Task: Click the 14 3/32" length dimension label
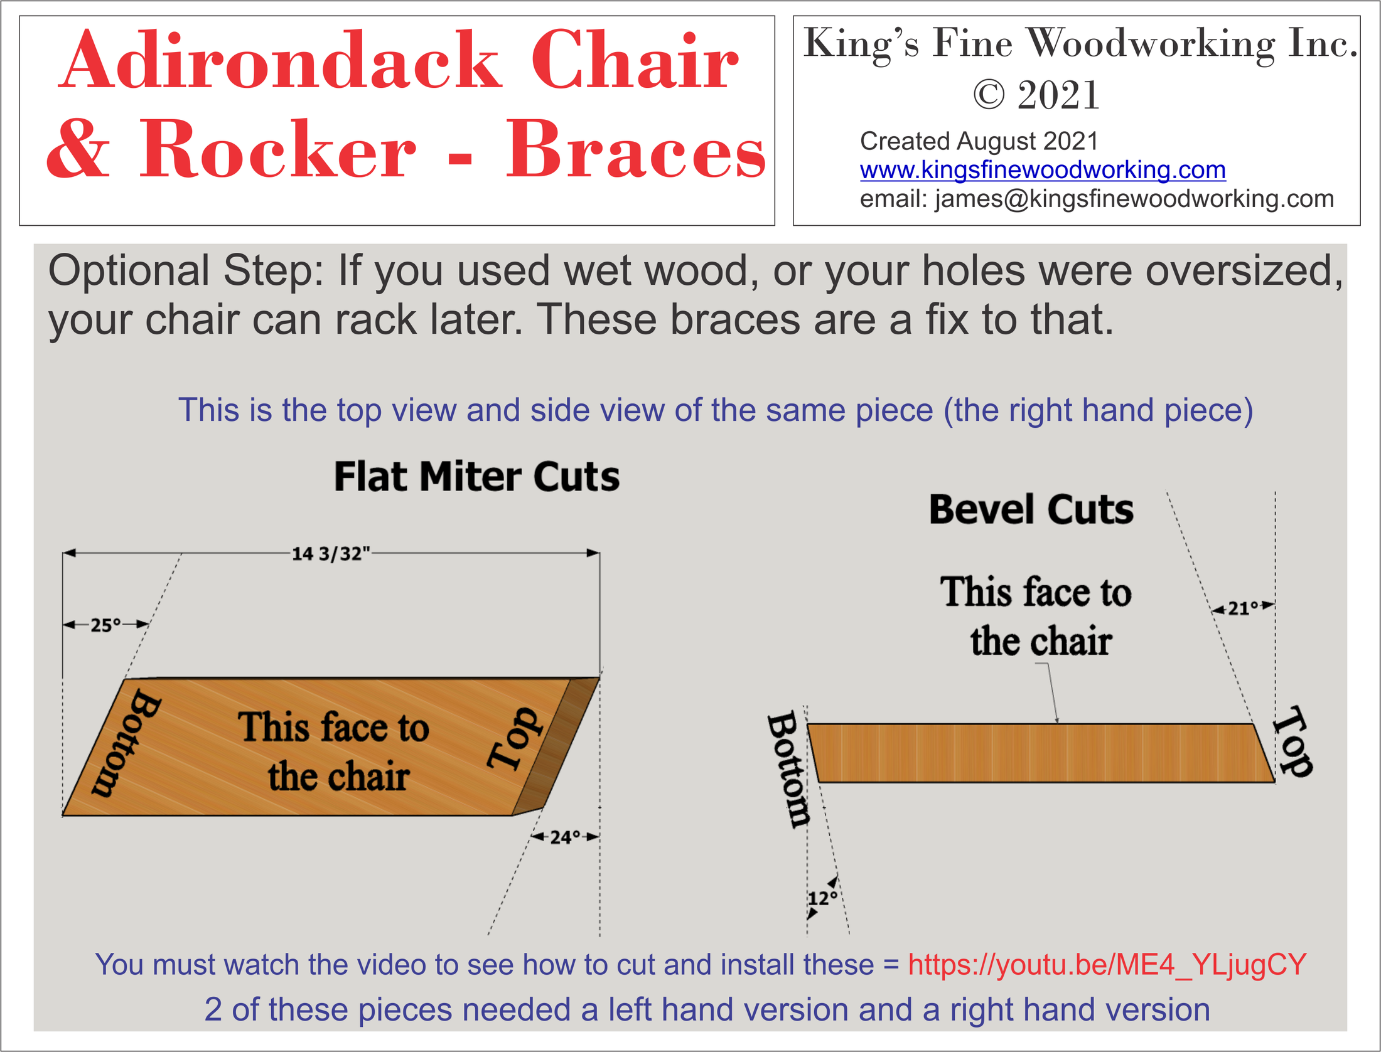[x=331, y=554]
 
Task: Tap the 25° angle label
[x=105, y=625]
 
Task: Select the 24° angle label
[x=565, y=837]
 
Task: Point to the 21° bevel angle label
[x=1244, y=607]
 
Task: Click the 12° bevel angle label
[x=822, y=898]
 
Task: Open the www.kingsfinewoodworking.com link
[x=1043, y=170]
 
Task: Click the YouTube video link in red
[x=1107, y=964]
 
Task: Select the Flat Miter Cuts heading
[x=476, y=477]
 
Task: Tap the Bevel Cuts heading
[x=1031, y=509]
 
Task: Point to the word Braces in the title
[x=635, y=151]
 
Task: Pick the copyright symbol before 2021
[x=989, y=95]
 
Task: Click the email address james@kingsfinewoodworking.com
[x=1134, y=199]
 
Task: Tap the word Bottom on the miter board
[x=126, y=743]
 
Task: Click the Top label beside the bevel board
[x=1293, y=740]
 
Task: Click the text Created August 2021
[x=979, y=141]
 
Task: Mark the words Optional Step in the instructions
[x=186, y=271]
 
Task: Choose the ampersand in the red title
[x=78, y=151]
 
